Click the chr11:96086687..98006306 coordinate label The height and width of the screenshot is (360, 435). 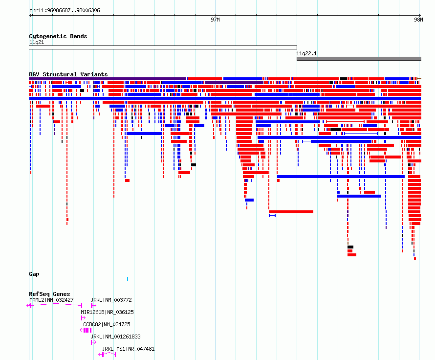point(65,11)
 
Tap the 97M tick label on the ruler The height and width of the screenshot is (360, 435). point(215,20)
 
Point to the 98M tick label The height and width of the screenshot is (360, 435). point(419,20)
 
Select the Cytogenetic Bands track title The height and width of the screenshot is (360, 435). point(58,36)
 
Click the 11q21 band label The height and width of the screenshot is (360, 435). point(37,42)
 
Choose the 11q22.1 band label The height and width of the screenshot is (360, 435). point(306,53)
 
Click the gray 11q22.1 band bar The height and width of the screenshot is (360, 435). point(359,59)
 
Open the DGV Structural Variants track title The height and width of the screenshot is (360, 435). point(68,74)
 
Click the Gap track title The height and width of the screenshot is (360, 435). point(34,274)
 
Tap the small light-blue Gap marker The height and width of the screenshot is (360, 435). point(128,279)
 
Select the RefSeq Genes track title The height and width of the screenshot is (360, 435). point(49,294)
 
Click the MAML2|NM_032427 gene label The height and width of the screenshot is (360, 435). point(51,300)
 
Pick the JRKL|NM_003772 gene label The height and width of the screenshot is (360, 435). point(111,300)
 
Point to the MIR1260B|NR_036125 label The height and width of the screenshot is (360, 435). point(107,312)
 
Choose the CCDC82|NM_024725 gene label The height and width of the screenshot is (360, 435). point(107,324)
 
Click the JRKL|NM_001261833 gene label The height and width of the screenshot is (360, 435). point(115,337)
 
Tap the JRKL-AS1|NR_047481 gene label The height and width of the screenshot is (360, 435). point(128,349)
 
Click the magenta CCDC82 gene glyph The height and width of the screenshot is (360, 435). point(86,330)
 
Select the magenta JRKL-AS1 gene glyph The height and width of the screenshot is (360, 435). point(107,355)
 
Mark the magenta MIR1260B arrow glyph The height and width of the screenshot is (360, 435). point(83,318)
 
